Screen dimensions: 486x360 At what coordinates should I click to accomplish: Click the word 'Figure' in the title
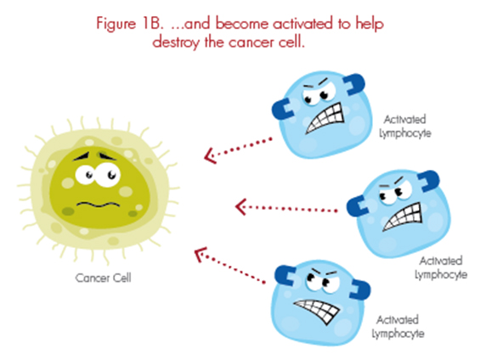[116, 24]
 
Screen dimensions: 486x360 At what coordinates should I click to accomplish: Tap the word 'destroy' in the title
[176, 42]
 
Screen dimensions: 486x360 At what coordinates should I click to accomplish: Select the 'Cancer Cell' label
[103, 278]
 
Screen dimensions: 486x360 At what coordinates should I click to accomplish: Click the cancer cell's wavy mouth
[98, 204]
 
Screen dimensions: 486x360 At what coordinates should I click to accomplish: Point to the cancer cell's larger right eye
[107, 175]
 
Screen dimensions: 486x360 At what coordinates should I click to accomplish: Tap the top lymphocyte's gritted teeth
[325, 118]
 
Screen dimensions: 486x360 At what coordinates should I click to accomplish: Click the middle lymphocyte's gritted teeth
[403, 217]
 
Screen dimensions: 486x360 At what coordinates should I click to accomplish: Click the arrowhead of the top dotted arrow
[211, 155]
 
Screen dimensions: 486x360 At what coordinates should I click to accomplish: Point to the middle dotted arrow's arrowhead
[241, 207]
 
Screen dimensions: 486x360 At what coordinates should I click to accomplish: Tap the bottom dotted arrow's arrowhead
[200, 254]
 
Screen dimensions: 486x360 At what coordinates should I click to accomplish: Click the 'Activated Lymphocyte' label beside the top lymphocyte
[405, 127]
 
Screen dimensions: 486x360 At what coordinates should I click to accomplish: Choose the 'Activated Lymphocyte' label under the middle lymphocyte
[441, 267]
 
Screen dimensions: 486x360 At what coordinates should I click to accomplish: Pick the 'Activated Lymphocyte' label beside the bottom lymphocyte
[398, 327]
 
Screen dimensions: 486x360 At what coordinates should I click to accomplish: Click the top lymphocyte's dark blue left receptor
[282, 109]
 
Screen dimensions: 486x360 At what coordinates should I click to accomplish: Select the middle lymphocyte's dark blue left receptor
[357, 205]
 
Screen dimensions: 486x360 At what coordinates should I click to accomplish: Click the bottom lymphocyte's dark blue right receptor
[361, 290]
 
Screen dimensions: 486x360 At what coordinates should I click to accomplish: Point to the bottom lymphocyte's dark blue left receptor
[285, 275]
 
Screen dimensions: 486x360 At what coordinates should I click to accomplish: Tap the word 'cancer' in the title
[252, 42]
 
